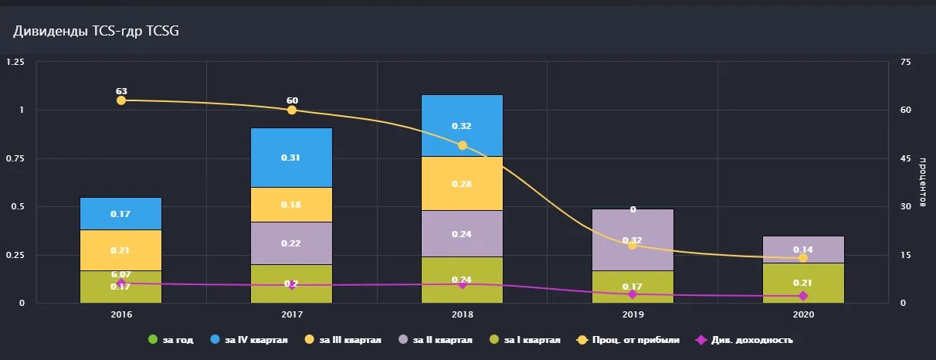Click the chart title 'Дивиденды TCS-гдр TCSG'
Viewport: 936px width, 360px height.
click(97, 30)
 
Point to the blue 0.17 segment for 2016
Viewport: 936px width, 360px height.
click(120, 213)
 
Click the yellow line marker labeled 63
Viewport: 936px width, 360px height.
click(121, 100)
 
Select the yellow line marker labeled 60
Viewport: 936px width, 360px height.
click(292, 110)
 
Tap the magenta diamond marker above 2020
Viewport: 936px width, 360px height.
click(803, 296)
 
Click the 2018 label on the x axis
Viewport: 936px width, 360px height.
click(462, 315)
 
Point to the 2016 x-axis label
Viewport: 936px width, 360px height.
click(121, 315)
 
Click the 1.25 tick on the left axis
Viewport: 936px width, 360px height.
click(15, 62)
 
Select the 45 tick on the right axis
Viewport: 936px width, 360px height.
click(906, 158)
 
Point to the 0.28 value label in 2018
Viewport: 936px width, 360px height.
click(462, 184)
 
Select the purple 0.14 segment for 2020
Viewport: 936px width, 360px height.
click(803, 250)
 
